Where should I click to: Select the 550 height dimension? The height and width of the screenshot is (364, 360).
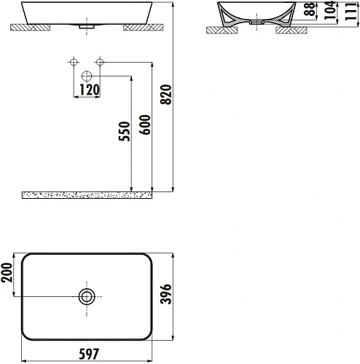point(125,130)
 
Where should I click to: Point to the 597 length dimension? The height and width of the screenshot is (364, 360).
point(89,355)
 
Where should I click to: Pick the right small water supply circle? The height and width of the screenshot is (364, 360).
point(101,61)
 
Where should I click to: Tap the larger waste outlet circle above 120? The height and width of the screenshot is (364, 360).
point(87,75)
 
